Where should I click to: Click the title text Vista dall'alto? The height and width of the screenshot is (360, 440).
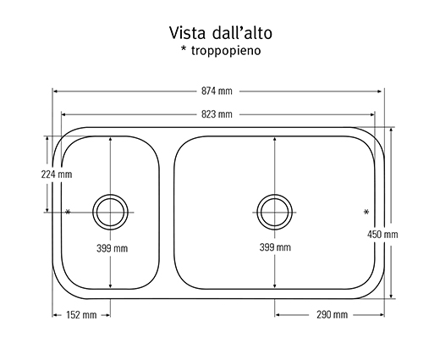221,33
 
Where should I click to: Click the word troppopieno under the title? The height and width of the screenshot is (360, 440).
226,51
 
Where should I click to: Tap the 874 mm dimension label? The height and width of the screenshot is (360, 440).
217,91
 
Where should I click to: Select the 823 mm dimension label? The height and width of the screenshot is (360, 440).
217,114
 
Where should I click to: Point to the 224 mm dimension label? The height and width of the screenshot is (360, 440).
57,174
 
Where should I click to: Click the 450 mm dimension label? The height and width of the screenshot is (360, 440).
382,235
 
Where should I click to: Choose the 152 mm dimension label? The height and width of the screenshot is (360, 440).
81,314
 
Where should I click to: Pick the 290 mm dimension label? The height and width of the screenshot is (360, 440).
332,314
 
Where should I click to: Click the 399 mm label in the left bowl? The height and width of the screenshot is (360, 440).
112,248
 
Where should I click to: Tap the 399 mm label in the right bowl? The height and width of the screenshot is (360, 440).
275,247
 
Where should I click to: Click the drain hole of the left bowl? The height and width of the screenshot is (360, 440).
110,212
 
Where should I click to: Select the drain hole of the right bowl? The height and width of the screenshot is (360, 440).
275,212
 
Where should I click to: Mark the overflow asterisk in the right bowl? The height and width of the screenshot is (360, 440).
366,212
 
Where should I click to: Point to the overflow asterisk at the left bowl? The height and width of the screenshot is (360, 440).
68,212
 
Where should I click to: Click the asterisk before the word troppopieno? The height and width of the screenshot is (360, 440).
184,49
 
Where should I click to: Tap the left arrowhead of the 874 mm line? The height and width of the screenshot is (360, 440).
56,91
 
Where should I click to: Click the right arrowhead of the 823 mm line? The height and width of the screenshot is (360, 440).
372,114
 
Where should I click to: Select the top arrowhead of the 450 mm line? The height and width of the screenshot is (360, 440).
391,130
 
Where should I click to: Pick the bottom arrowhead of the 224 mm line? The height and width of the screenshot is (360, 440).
47,209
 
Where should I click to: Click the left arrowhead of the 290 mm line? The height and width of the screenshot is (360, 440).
278,315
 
